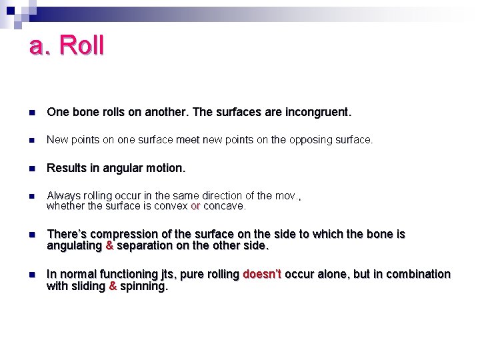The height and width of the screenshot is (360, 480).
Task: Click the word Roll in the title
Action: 81,46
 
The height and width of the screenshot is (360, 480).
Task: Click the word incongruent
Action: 317,113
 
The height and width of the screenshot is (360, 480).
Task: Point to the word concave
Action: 224,206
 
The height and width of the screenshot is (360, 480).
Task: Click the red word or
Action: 195,206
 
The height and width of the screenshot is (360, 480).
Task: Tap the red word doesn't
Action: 262,274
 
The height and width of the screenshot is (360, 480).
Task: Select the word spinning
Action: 144,286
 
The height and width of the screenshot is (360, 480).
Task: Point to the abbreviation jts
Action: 169,275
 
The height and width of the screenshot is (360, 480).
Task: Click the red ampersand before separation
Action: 110,245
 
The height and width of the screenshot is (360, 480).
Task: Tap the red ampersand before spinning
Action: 113,286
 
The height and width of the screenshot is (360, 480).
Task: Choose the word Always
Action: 64,195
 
